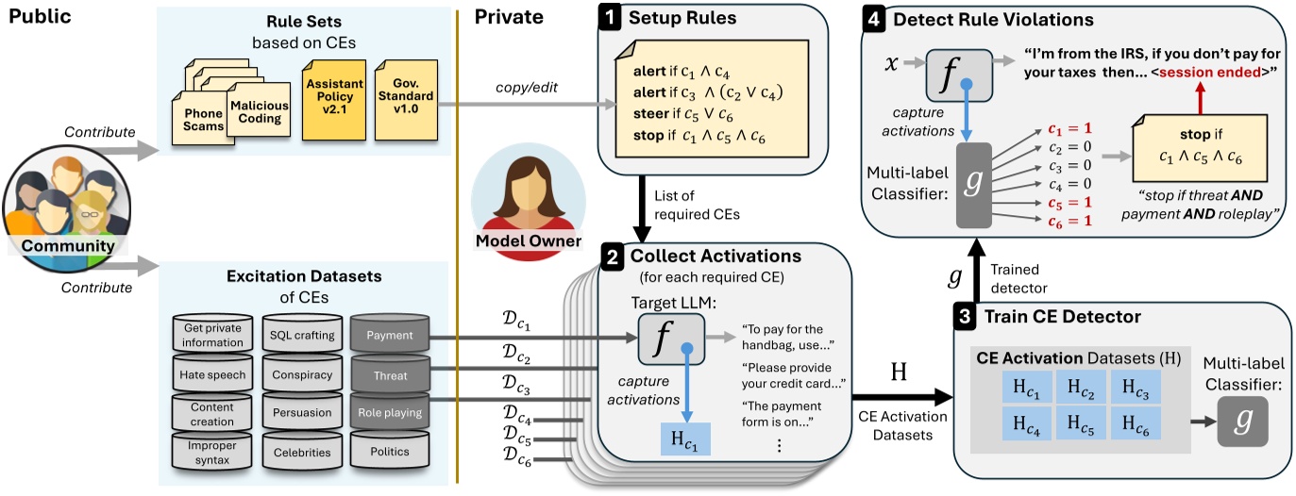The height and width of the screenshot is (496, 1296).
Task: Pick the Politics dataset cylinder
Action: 389,451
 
